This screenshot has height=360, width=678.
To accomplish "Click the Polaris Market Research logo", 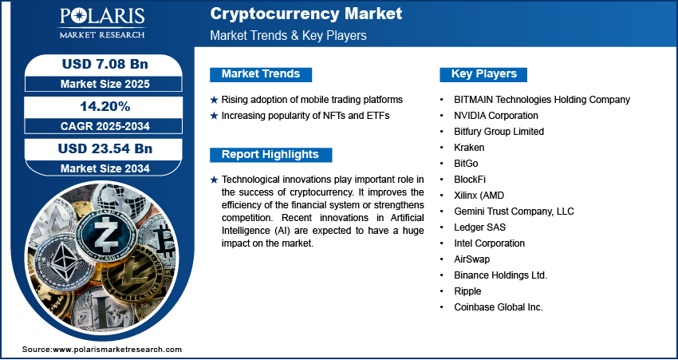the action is click(102, 23).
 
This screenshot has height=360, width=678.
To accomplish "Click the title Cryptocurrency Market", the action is click(306, 14).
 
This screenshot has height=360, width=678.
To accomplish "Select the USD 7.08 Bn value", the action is click(105, 64).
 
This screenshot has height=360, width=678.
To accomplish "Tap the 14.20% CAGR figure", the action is click(105, 106).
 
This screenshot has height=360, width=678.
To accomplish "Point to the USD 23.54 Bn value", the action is click(105, 148).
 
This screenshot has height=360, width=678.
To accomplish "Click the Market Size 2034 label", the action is click(105, 168).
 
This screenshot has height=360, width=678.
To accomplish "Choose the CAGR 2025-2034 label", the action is click(105, 126).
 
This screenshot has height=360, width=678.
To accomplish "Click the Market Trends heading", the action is click(261, 74).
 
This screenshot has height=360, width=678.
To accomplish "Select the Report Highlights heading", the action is click(270, 155).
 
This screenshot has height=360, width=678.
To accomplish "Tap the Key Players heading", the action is click(484, 74).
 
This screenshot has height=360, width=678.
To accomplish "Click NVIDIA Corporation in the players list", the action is click(496, 116).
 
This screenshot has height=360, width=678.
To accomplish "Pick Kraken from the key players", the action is click(469, 148).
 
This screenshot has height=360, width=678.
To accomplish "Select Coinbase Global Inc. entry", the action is click(498, 307).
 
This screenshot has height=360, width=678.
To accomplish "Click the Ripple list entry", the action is click(467, 291).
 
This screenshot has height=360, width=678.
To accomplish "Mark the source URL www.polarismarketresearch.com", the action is click(117, 350).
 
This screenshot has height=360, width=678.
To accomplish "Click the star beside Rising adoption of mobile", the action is click(214, 100).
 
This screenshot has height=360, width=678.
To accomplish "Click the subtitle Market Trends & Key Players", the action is click(288, 35).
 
